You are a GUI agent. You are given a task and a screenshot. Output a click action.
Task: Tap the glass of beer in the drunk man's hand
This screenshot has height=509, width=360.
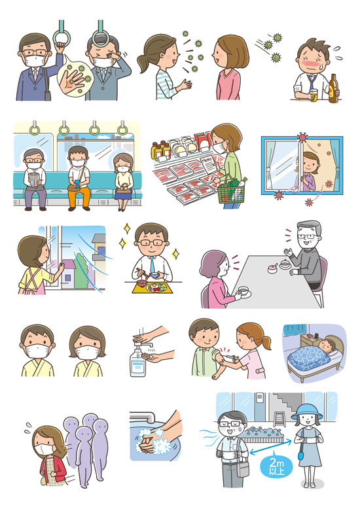[314, 95]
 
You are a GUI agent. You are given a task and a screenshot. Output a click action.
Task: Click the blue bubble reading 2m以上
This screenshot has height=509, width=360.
[276, 467]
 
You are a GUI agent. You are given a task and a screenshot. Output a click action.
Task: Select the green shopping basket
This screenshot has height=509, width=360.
[231, 192]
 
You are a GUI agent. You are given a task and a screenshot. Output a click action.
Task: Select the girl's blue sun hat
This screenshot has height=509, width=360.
[307, 412]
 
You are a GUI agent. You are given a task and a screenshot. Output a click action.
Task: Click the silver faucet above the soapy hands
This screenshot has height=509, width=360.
[143, 417]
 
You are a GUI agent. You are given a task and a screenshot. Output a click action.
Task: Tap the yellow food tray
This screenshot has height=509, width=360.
[153, 288]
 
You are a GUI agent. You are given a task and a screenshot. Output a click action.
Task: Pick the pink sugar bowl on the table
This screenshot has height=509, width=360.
[272, 268]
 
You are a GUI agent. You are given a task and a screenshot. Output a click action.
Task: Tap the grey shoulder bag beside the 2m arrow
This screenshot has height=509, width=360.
[243, 468]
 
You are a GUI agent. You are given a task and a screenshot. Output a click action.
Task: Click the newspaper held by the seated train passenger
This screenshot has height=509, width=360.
[34, 179]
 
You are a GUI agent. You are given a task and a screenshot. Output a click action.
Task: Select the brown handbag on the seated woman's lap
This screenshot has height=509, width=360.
[124, 189]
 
